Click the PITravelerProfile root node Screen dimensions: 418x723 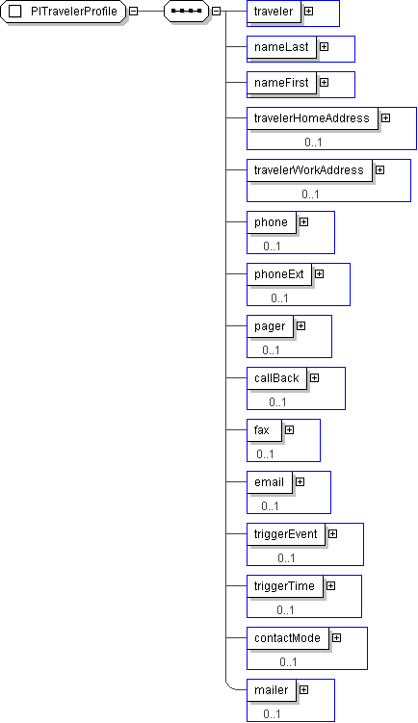click(x=63, y=11)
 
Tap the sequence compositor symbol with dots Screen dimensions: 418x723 click(x=187, y=11)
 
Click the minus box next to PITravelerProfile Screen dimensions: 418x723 click(x=133, y=11)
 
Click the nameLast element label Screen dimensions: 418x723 click(x=281, y=46)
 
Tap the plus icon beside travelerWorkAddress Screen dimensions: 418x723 click(x=379, y=169)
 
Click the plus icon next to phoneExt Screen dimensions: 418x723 click(x=319, y=273)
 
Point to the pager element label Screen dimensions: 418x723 click(x=270, y=326)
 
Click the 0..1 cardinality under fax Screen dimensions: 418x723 click(x=265, y=454)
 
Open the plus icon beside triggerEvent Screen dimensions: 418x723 click(x=332, y=534)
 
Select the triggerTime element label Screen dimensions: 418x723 click(x=284, y=586)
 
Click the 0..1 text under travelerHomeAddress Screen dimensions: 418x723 click(x=313, y=142)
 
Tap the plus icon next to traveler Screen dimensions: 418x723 click(x=308, y=11)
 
